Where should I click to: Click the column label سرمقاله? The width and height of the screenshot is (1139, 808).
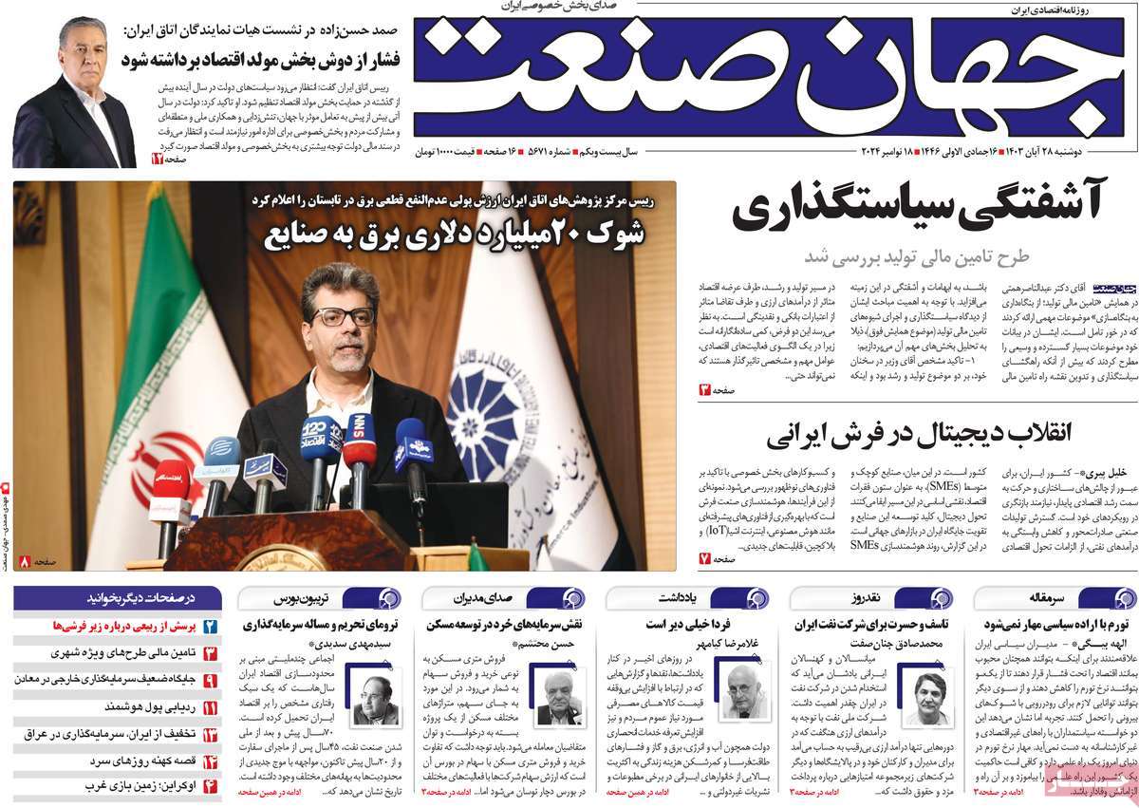(1042, 598)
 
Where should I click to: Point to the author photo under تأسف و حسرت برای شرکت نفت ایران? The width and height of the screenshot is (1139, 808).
(931, 698)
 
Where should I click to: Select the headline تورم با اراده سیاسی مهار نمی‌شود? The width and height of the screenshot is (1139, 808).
(1042, 625)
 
